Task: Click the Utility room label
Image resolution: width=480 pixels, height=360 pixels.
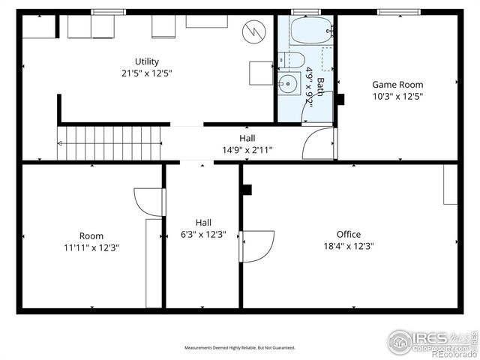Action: point(147,61)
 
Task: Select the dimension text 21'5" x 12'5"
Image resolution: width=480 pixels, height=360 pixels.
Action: point(147,73)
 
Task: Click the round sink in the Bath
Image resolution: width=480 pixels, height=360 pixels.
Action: point(288,83)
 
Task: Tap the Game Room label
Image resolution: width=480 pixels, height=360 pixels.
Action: point(397,85)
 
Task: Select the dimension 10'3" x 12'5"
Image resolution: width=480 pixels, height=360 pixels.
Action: point(397,96)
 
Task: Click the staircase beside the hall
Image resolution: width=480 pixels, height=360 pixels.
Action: point(109,142)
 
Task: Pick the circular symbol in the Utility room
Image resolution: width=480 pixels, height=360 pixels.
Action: point(253,31)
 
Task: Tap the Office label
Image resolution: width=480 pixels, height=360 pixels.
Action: point(349,234)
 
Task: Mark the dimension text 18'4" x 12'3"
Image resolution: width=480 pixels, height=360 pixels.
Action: point(349,245)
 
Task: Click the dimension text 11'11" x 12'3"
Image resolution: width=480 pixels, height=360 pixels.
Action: point(91,247)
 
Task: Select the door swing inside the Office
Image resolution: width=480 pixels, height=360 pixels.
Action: point(256,246)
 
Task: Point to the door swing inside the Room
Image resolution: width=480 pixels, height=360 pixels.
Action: point(149,201)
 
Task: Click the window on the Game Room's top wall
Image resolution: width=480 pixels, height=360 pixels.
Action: point(397,12)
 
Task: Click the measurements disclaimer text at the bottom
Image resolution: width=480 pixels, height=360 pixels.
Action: point(240,348)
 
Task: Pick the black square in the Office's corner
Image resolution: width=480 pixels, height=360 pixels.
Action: point(246,190)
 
